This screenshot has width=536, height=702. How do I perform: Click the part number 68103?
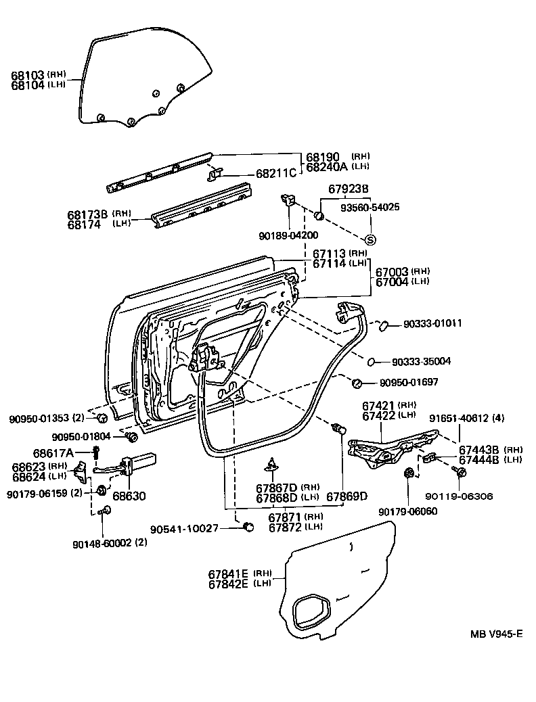27,74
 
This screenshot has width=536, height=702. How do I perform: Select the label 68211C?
276,173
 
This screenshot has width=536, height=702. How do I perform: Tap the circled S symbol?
370,240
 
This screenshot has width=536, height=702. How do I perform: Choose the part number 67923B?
349,190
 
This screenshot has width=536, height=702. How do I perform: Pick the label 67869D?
347,496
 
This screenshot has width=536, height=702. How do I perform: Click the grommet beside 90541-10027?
248,527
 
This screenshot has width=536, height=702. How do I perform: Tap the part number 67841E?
228,574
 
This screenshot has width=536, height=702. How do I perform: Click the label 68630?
129,496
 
